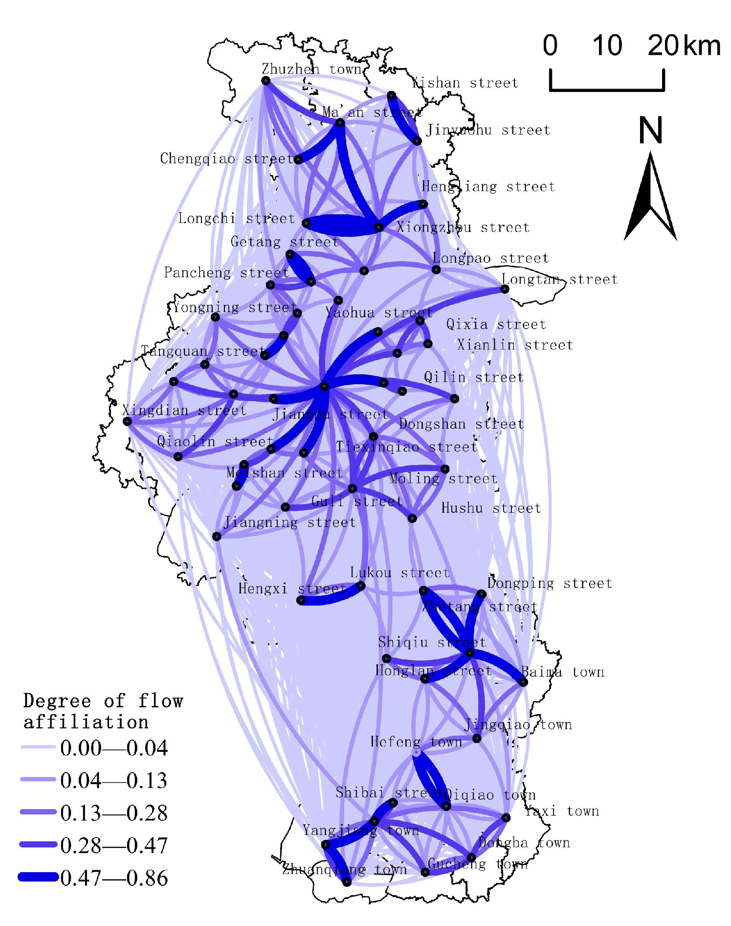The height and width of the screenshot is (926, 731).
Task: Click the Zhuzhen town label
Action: point(311,69)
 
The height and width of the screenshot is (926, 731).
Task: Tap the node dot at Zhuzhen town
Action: point(266,81)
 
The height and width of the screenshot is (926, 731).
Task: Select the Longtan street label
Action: point(559,279)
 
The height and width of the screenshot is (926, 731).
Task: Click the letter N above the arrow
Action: point(650,130)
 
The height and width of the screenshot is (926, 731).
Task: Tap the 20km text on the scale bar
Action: point(684,45)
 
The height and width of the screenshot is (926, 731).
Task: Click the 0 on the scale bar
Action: point(550,45)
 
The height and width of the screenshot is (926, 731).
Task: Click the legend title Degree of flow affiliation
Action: point(103,711)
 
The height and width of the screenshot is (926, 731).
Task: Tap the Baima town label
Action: point(562,672)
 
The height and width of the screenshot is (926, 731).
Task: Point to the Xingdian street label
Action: point(184,410)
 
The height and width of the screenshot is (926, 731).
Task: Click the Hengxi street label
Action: point(292,588)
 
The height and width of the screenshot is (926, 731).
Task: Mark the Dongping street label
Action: point(549,583)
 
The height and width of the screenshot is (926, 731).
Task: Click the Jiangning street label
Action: point(289,522)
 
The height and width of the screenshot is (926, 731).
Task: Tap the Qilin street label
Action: point(473,377)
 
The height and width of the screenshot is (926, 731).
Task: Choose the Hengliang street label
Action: point(488,186)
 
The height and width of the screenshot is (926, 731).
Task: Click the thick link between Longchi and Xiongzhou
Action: point(342,225)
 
